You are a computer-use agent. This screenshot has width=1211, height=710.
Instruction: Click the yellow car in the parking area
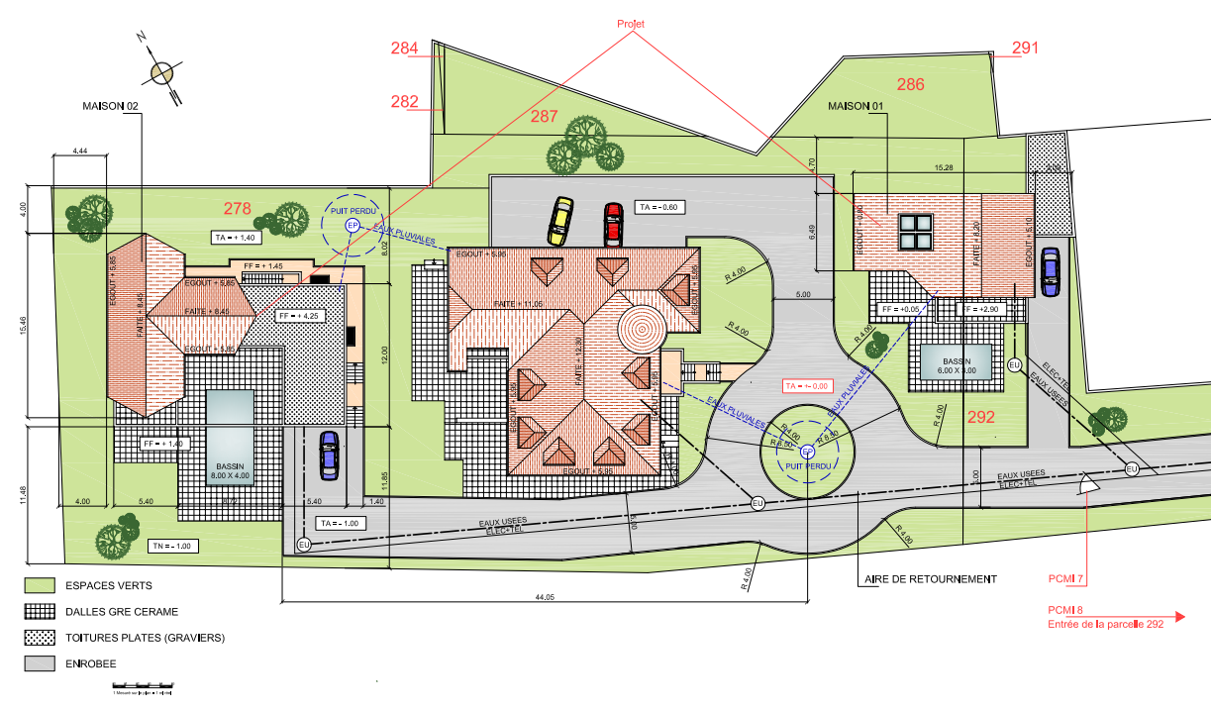click(560, 220)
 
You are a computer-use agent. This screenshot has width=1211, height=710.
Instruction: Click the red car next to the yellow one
click(613, 224)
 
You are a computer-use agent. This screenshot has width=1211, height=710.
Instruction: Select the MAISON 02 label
click(110, 106)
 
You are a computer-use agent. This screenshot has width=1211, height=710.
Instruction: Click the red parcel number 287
click(545, 116)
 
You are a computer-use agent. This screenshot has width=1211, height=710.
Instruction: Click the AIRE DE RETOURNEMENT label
click(930, 579)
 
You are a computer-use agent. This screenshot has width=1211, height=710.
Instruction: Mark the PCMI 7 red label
click(1066, 578)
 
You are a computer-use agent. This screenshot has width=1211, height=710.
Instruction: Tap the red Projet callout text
click(632, 24)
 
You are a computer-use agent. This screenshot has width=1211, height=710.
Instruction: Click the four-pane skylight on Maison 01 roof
click(915, 234)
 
